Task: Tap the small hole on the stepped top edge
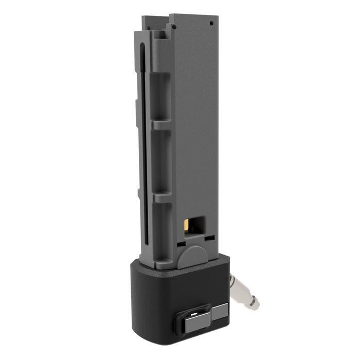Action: (174, 27)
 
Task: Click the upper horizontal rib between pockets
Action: (161, 127)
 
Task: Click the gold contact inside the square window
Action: (186, 225)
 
